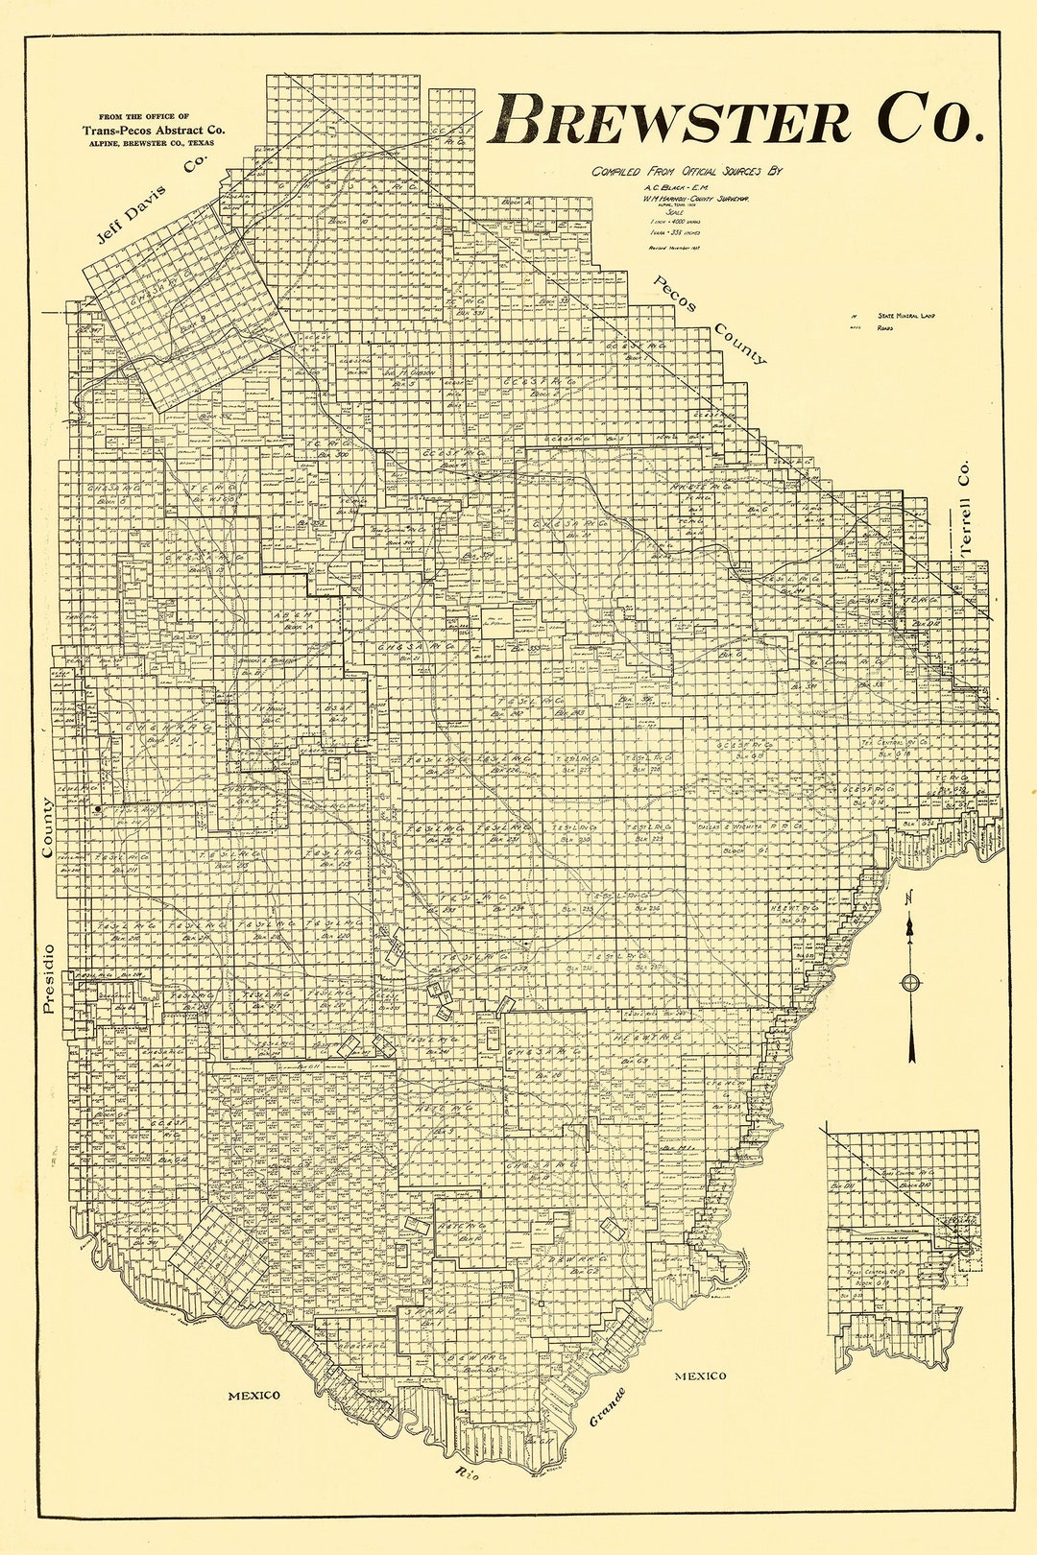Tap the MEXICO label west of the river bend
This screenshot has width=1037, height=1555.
[x=253, y=1395]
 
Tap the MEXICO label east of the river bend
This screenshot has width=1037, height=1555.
[x=699, y=1376]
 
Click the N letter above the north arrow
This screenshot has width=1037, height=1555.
[x=908, y=897]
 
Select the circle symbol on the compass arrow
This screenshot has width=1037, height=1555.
[x=910, y=982]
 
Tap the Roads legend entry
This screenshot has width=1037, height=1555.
[x=884, y=327]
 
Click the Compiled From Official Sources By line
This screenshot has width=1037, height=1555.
[x=687, y=172]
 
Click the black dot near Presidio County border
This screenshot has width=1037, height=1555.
[x=98, y=809]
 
